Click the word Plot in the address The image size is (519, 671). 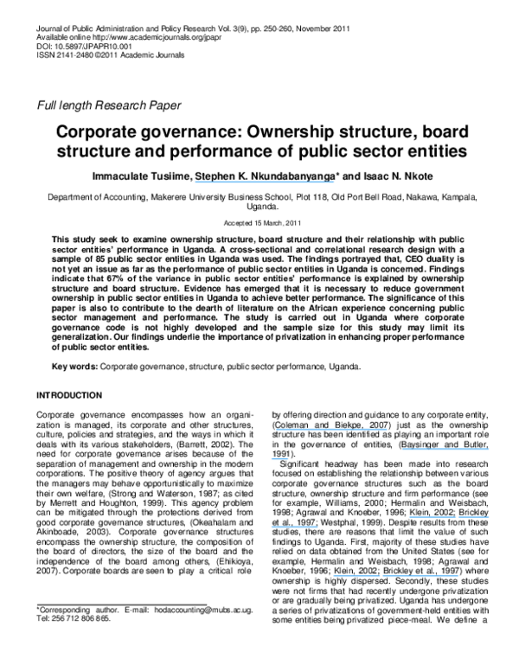tap(304, 198)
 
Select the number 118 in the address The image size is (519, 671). tap(321, 198)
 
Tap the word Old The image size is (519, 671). tap(339, 198)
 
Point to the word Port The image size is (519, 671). tap(358, 198)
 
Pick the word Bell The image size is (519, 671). tap(377, 198)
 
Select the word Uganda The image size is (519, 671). tap(262, 208)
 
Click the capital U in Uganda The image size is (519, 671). tap(249, 208)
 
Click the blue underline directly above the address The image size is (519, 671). tap(264, 182)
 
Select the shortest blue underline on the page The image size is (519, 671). tap(279, 459)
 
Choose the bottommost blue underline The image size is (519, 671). tap(395, 575)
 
